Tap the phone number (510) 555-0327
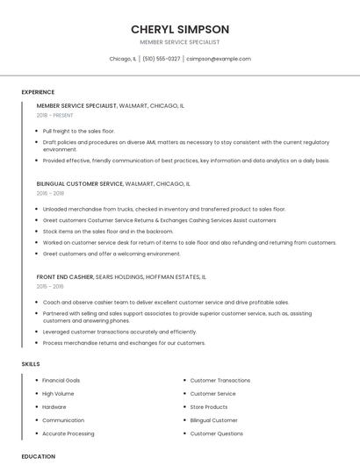(161, 59)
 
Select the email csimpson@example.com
(220, 59)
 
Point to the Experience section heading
(38, 92)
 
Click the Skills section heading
(31, 363)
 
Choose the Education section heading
(38, 456)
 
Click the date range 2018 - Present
(55, 115)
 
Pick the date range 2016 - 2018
(50, 193)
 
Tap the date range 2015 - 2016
(50, 286)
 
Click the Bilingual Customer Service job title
(80, 184)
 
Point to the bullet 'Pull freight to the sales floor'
(78, 131)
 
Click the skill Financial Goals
(61, 381)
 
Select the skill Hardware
(54, 407)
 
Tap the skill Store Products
(209, 407)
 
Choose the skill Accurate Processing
(68, 433)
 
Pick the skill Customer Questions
(217, 433)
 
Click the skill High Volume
(58, 394)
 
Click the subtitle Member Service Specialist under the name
(179, 42)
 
